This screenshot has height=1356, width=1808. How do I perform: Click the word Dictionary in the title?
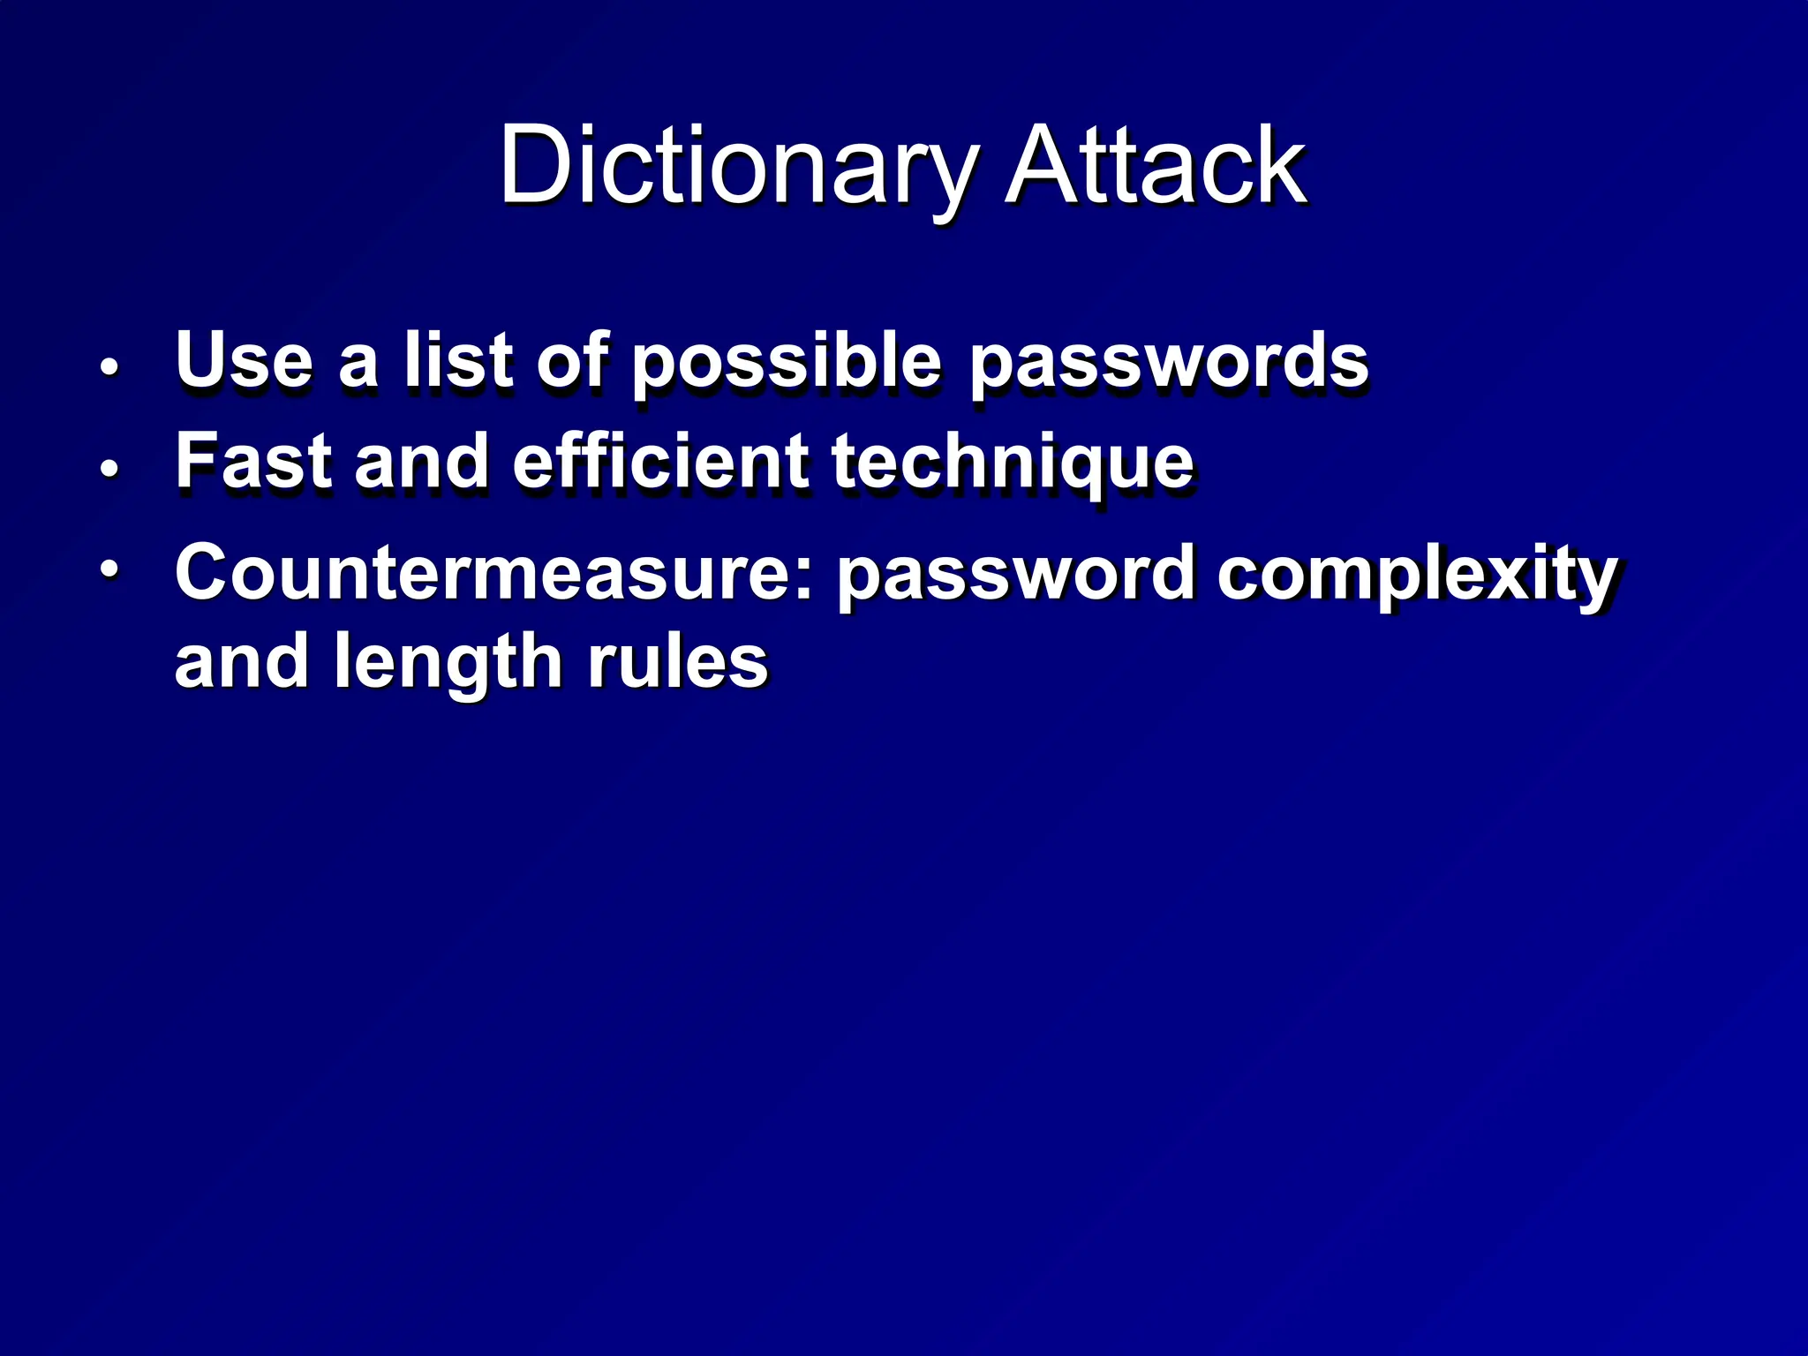[x=738, y=166]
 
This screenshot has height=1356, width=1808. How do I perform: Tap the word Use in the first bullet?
[x=245, y=359]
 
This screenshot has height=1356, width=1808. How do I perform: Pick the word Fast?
[x=253, y=461]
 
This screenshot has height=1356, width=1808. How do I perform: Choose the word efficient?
[x=659, y=461]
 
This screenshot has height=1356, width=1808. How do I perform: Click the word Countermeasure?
[x=493, y=573]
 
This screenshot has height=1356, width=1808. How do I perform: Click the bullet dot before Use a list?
[x=109, y=366]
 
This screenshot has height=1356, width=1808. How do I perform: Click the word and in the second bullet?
[x=421, y=461]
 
